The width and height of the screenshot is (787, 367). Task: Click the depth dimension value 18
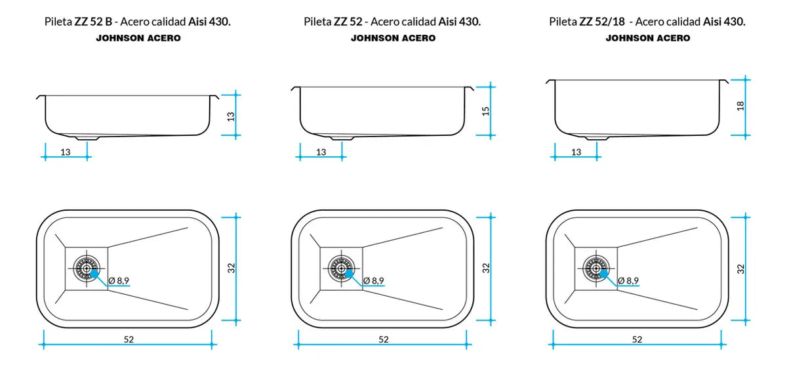[740, 106]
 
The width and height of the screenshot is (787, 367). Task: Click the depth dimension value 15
[486, 110]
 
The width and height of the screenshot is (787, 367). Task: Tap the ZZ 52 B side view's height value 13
[231, 116]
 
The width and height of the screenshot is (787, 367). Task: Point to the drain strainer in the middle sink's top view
[341, 267]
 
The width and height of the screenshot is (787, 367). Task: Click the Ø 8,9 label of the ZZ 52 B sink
[119, 280]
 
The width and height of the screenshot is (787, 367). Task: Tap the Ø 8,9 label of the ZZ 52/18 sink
[628, 280]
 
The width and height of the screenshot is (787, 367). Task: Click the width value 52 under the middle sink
[383, 339]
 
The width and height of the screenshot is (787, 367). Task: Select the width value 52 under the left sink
[129, 339]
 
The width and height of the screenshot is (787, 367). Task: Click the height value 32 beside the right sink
[740, 268]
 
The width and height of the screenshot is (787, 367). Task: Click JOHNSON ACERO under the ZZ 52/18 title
[647, 38]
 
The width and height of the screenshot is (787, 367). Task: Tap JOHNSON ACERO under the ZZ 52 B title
[138, 38]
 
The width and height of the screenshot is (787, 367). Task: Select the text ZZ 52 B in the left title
[95, 22]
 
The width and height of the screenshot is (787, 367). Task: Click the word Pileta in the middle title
[317, 22]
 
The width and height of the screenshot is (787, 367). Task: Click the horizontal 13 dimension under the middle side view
[321, 152]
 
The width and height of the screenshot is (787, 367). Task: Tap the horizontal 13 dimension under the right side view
[576, 152]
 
